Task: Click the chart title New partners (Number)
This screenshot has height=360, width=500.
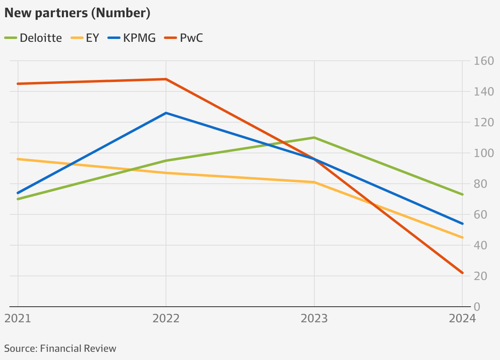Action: click(77, 13)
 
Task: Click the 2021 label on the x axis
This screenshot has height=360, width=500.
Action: click(18, 319)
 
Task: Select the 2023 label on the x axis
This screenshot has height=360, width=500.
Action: click(314, 319)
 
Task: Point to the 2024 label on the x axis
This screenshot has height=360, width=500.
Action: click(461, 319)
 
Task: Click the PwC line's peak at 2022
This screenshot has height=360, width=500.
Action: click(166, 79)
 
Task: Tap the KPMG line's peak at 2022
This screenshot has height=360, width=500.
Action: click(166, 113)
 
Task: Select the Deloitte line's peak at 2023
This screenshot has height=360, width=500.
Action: click(314, 137)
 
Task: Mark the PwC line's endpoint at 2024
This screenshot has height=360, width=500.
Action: click(462, 273)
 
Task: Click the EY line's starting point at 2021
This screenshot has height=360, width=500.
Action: click(18, 159)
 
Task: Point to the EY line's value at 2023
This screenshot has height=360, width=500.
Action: click(314, 182)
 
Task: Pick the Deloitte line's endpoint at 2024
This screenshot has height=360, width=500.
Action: click(462, 194)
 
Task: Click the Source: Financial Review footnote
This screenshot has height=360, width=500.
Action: click(60, 349)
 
